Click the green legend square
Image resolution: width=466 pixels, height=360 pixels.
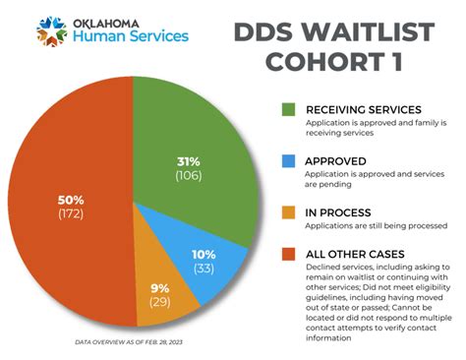(289, 108)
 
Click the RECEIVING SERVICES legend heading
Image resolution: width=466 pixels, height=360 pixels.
(365, 108)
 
